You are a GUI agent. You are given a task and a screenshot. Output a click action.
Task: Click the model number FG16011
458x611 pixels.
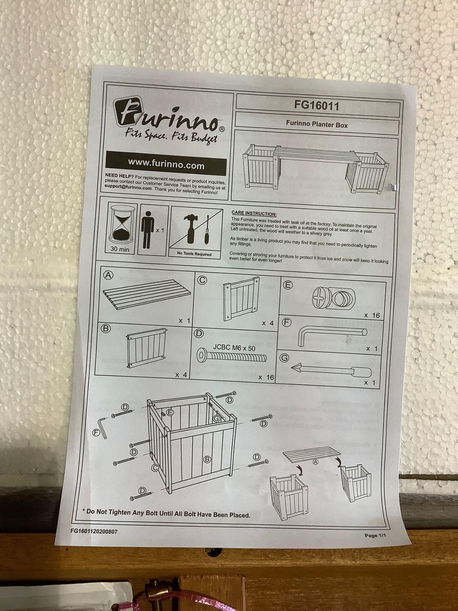click(x=317, y=106)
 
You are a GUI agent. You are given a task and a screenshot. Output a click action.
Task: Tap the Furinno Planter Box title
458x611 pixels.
click(x=317, y=125)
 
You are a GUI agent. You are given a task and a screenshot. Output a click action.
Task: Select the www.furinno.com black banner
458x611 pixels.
click(x=166, y=164)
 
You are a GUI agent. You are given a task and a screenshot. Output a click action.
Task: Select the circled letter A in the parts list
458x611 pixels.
click(x=108, y=275)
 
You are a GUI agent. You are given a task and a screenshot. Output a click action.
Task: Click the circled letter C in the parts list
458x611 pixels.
click(x=202, y=280)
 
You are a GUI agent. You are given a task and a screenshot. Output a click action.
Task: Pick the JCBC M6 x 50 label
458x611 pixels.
click(x=234, y=348)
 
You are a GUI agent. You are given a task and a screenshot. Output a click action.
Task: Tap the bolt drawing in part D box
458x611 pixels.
click(x=231, y=356)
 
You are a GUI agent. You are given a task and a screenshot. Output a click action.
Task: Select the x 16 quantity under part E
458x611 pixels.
click(x=372, y=315)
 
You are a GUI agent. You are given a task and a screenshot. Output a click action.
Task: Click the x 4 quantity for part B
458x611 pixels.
click(x=182, y=375)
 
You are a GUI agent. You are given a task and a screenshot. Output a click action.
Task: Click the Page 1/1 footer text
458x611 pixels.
click(x=376, y=536)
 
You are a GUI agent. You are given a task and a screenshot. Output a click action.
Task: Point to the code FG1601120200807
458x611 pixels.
click(x=94, y=531)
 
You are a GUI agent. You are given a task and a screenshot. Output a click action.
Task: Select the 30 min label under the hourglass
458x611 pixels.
click(x=120, y=249)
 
